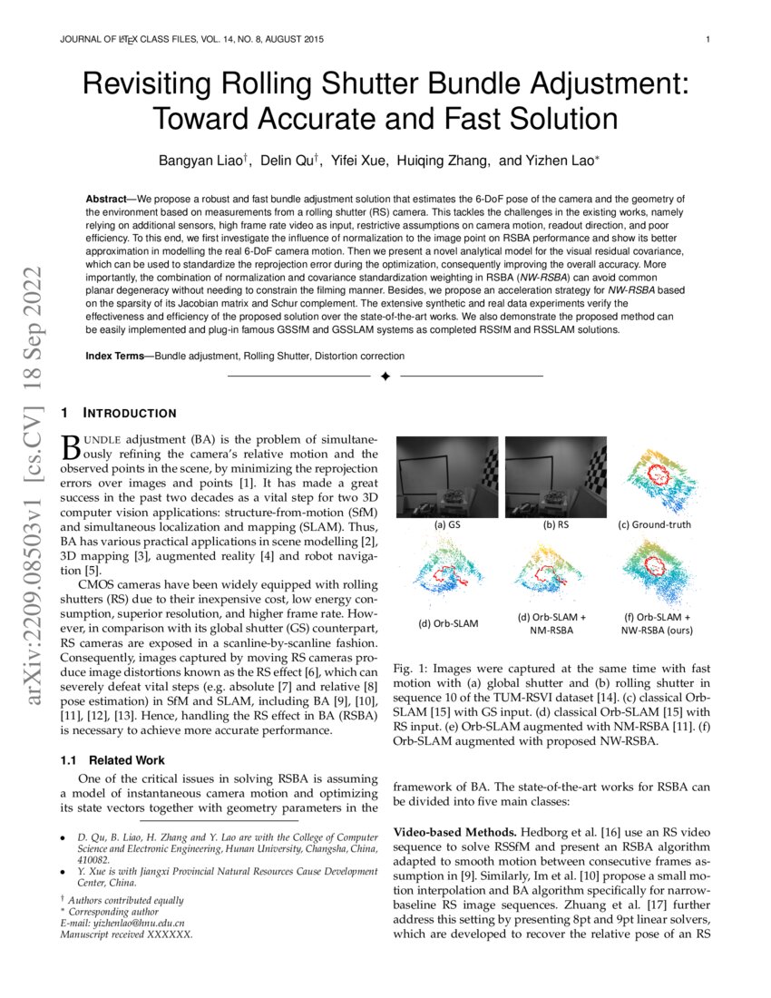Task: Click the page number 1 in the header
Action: click(707, 39)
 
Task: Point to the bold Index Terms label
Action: click(118, 356)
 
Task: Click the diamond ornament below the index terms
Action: click(385, 376)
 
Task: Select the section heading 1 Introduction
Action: click(118, 414)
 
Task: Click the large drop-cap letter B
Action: click(70, 447)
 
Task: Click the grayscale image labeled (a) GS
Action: click(447, 476)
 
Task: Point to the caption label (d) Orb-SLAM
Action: click(447, 623)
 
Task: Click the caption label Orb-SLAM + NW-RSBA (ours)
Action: click(658, 624)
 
